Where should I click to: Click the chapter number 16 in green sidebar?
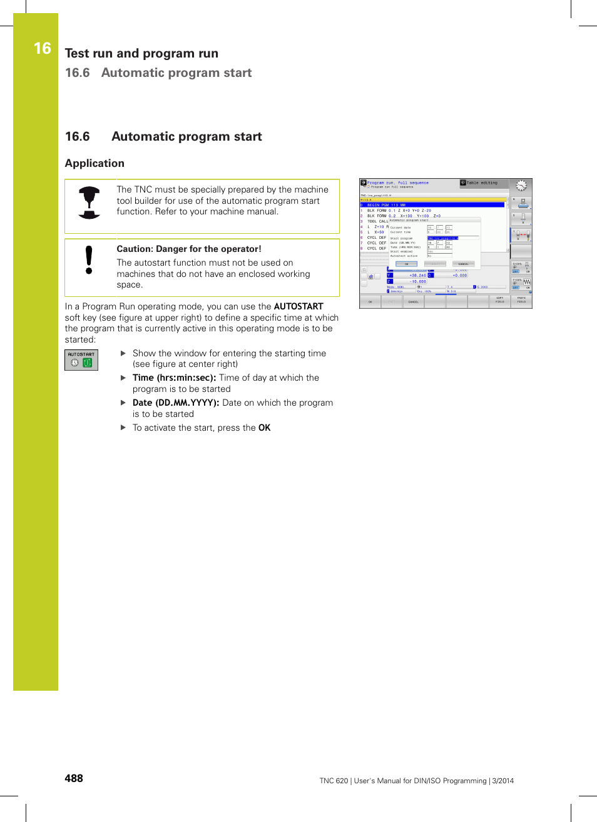click(x=42, y=48)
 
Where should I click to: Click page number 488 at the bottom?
click(x=74, y=778)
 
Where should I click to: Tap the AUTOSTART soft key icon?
click(x=81, y=360)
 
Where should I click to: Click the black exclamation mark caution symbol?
click(x=89, y=260)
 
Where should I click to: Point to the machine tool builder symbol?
click(x=89, y=203)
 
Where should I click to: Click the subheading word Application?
click(x=94, y=163)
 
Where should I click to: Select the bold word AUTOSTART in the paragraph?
click(x=298, y=306)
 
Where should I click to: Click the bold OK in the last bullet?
click(x=264, y=428)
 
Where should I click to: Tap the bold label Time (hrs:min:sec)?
click(x=174, y=378)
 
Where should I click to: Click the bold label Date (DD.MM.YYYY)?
click(x=176, y=403)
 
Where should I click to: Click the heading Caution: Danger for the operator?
click(x=189, y=249)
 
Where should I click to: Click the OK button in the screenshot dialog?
click(x=406, y=264)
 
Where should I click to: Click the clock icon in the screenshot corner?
click(x=521, y=186)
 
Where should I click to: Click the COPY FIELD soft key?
click(x=499, y=300)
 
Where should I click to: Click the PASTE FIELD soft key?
click(x=521, y=300)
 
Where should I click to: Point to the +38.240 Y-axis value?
click(x=417, y=275)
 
